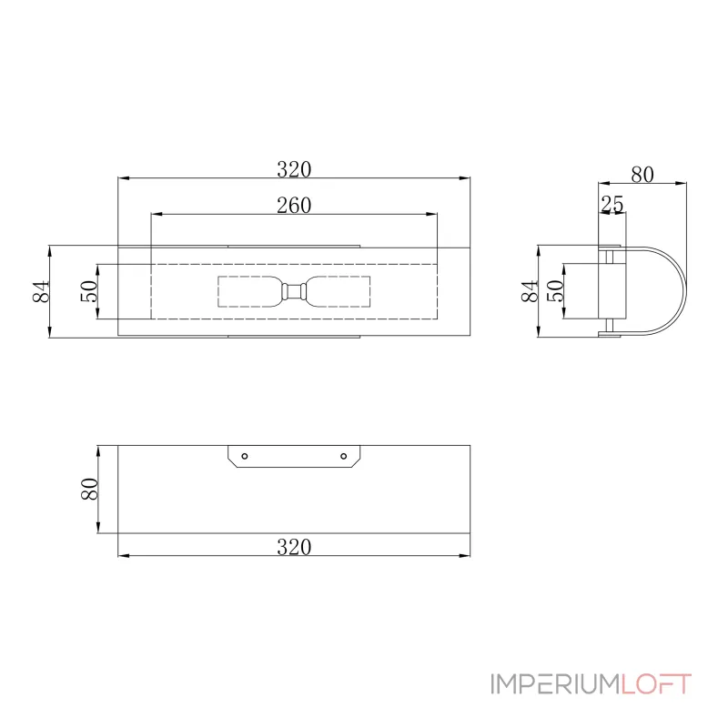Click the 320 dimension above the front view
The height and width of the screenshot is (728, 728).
tap(294, 169)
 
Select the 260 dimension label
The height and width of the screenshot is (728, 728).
tap(294, 206)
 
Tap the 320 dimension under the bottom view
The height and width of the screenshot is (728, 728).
tap(294, 547)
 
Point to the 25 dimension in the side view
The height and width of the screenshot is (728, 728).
tap(612, 204)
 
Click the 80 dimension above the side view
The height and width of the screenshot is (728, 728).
tap(642, 175)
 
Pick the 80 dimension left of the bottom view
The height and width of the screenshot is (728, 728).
tap(89, 489)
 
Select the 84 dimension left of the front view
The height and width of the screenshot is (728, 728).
tap(41, 291)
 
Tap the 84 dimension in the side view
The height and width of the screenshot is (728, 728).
tap(530, 291)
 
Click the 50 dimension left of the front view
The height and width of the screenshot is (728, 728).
tap(89, 291)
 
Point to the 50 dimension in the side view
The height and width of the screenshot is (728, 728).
tap(555, 291)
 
